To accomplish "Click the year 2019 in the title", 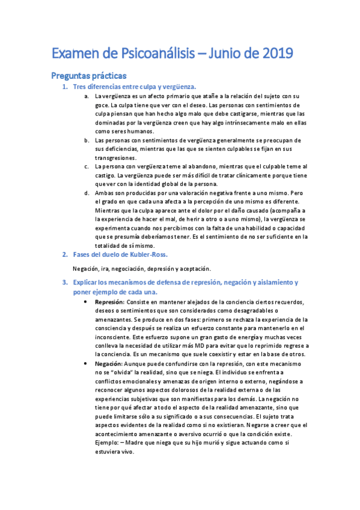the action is click(277, 54).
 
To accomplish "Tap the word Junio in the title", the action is click(234, 54).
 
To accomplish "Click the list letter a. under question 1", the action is click(87, 96).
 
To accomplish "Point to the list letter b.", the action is click(87, 140).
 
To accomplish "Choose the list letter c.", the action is click(87, 166).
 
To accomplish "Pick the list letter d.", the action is click(87, 192).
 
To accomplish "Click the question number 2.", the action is click(65, 254).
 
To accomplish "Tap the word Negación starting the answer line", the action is click(85, 268).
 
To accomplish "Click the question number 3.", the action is click(65, 282).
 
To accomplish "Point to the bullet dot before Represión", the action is click(88, 301).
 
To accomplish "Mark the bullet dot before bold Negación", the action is click(88, 364).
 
